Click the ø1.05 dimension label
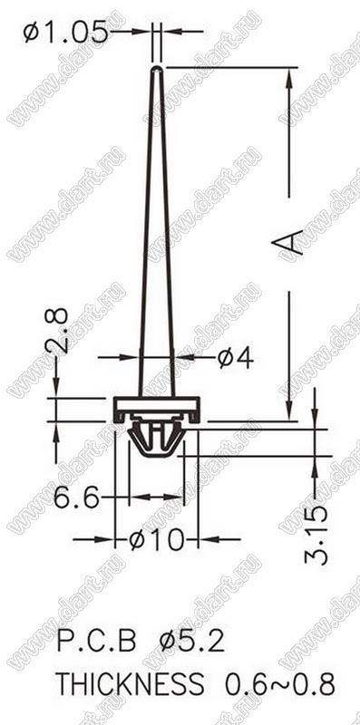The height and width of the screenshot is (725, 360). click(64, 34)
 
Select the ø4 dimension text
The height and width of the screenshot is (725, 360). click(236, 357)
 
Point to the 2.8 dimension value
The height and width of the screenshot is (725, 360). click(56, 331)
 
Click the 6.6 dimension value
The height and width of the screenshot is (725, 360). click(76, 498)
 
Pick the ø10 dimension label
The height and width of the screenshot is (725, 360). click(156, 539)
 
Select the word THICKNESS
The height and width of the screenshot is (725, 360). click(130, 684)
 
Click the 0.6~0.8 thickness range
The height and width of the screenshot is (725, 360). click(280, 684)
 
